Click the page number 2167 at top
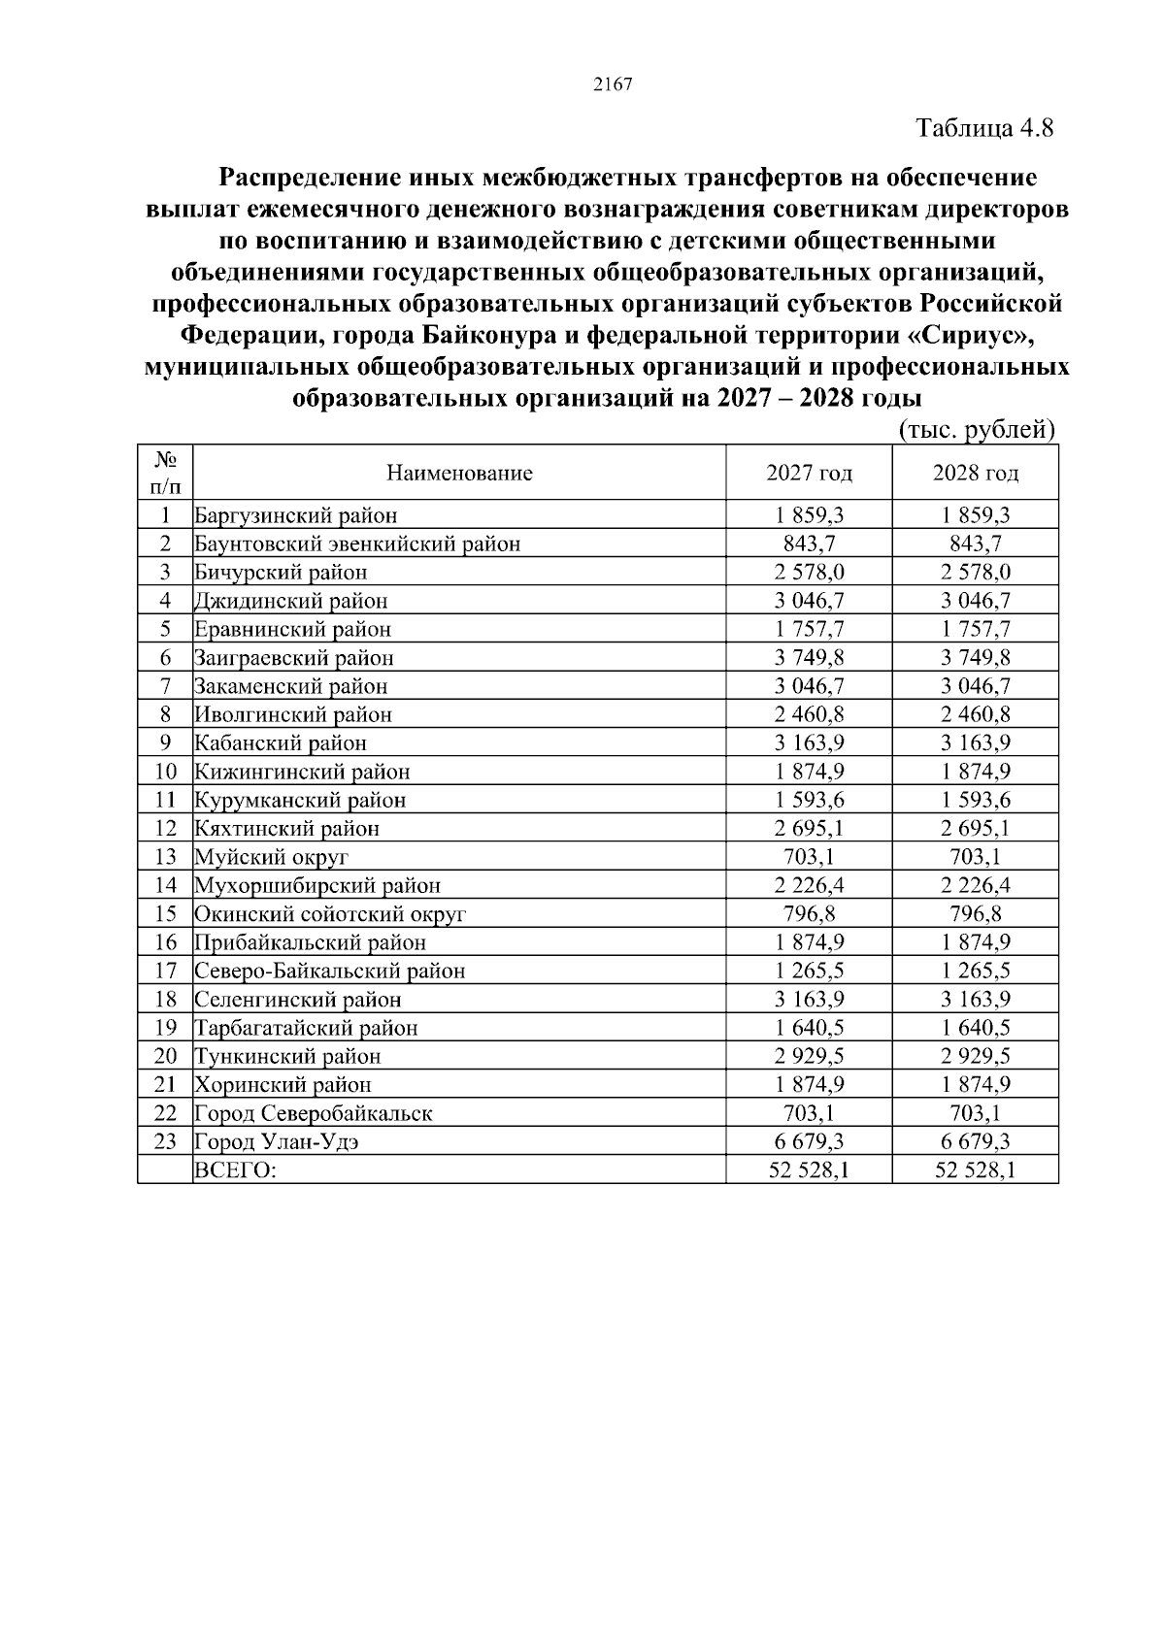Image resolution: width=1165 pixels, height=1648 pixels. tap(613, 84)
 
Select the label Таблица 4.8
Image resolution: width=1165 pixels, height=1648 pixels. tap(984, 128)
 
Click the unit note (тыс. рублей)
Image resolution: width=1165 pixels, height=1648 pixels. tap(976, 430)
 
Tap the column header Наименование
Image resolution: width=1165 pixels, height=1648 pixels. tap(459, 474)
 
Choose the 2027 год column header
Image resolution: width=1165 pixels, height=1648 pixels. tap(809, 474)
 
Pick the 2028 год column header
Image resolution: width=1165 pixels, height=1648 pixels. tap(975, 474)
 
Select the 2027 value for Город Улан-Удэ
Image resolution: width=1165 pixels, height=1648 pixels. tap(809, 1142)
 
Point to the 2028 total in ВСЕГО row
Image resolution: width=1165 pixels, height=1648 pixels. tap(975, 1170)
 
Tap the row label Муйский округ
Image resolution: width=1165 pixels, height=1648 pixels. tap(271, 857)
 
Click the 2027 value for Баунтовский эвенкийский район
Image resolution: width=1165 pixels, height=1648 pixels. tap(809, 544)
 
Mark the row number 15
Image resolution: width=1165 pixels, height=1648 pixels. tap(165, 914)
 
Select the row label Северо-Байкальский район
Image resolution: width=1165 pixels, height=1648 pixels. tap(329, 972)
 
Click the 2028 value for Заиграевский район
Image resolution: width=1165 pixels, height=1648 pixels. tap(975, 658)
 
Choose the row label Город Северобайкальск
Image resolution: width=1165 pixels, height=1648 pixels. tap(313, 1114)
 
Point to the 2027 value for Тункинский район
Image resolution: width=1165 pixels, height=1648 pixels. tap(809, 1057)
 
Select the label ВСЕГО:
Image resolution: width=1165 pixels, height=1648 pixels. tap(235, 1170)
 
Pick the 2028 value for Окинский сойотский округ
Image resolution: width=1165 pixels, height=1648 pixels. tap(975, 914)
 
